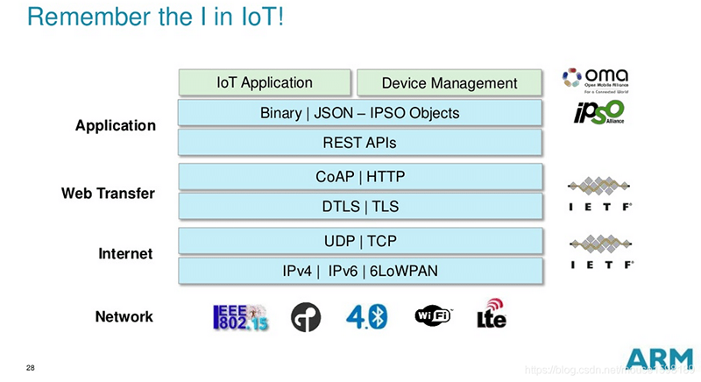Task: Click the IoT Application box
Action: click(265, 82)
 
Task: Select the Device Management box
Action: click(450, 83)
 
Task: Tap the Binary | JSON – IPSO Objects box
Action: click(359, 113)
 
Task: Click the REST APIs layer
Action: click(359, 143)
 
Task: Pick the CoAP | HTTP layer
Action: click(359, 177)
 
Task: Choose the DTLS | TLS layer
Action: click(359, 206)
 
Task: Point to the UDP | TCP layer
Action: click(359, 241)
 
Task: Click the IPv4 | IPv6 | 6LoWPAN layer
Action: click(359, 271)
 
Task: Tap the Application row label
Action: click(116, 125)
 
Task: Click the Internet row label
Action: click(126, 254)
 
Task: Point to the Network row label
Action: click(124, 316)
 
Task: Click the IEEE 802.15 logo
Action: click(241, 317)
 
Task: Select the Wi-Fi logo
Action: click(432, 316)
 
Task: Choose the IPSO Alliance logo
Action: click(598, 112)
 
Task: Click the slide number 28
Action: click(31, 367)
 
